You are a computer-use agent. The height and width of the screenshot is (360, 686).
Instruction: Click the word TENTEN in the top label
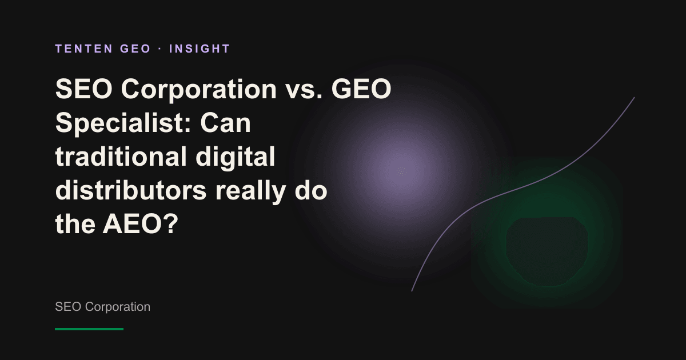tap(84, 49)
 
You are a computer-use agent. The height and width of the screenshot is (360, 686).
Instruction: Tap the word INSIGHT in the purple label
tap(200, 49)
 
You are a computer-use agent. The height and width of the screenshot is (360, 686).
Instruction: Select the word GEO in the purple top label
tap(135, 49)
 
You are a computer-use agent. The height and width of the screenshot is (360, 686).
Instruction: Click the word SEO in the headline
tap(84, 89)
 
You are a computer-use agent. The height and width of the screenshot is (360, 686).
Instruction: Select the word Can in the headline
tap(225, 123)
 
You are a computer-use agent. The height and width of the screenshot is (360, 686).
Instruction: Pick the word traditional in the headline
tap(121, 156)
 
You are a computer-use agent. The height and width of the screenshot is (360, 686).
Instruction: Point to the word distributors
tap(131, 190)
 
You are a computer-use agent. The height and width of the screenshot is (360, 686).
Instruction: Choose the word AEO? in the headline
tap(140, 224)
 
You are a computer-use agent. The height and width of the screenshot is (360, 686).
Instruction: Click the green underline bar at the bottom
tap(89, 329)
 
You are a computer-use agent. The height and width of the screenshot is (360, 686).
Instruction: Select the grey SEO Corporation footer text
tap(102, 307)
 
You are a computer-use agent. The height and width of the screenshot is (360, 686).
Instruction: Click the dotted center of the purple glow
tap(401, 171)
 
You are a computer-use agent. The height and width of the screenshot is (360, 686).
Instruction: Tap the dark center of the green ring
tap(547, 251)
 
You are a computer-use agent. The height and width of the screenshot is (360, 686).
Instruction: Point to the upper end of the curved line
tap(634, 97)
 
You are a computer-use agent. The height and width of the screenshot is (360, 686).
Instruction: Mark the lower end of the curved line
tap(412, 291)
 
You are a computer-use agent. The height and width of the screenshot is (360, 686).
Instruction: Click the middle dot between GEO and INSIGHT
tap(160, 49)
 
